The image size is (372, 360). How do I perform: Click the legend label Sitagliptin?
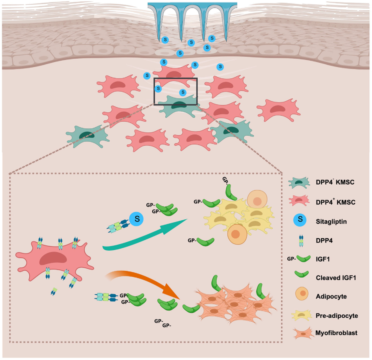click(x=331, y=222)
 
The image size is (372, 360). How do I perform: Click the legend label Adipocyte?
click(x=331, y=297)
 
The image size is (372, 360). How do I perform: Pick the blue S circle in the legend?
click(x=300, y=220)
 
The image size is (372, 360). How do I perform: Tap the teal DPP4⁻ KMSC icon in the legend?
click(x=299, y=182)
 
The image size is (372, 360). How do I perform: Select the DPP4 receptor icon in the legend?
click(x=301, y=241)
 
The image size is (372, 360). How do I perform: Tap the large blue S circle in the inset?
click(x=136, y=219)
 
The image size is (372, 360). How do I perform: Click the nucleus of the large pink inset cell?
click(x=53, y=258)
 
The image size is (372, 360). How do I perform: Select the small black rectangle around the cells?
click(x=175, y=91)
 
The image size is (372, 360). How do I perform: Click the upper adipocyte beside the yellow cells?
click(x=257, y=199)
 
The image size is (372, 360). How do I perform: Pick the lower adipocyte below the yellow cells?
click(x=237, y=234)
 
